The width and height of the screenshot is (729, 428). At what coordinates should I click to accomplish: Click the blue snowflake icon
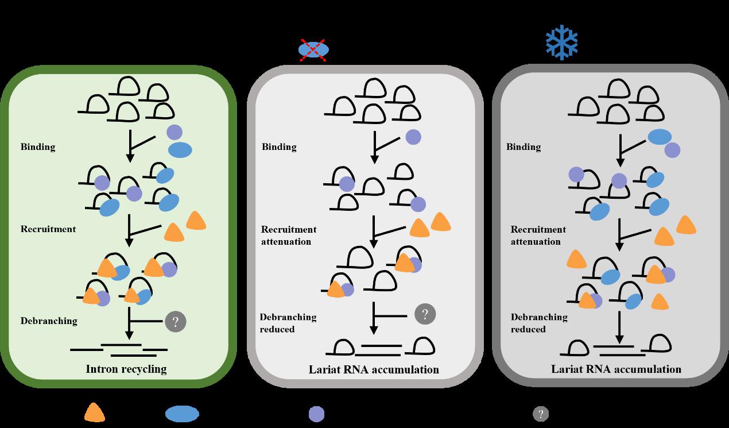[561, 41]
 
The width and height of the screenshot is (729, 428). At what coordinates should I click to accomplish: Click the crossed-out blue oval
[313, 50]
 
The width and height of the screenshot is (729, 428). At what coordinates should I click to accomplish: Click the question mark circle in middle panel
[425, 314]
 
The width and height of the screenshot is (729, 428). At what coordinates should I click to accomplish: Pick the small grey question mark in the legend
[540, 414]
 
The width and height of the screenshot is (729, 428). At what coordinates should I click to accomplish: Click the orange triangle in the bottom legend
[95, 413]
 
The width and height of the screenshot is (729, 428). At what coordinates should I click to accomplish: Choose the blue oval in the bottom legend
[182, 414]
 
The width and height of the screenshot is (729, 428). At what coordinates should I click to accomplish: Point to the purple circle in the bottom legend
[316, 414]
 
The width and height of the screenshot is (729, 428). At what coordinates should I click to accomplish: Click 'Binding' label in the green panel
[38, 146]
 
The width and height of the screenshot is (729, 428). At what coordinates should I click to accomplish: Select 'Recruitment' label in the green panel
[48, 229]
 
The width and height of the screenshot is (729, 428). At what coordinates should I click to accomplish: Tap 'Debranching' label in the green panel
[49, 321]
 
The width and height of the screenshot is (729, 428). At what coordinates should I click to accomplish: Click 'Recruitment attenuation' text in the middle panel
[289, 236]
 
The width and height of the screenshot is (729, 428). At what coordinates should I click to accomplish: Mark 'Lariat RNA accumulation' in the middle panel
[374, 369]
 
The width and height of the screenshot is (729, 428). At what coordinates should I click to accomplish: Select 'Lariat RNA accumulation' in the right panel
[616, 369]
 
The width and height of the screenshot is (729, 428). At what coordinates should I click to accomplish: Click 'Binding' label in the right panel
[524, 146]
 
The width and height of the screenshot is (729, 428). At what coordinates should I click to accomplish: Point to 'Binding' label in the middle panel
[279, 146]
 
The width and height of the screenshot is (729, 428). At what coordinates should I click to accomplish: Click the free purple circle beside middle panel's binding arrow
[413, 137]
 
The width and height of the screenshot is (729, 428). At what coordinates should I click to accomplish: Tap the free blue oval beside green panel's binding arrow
[180, 150]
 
